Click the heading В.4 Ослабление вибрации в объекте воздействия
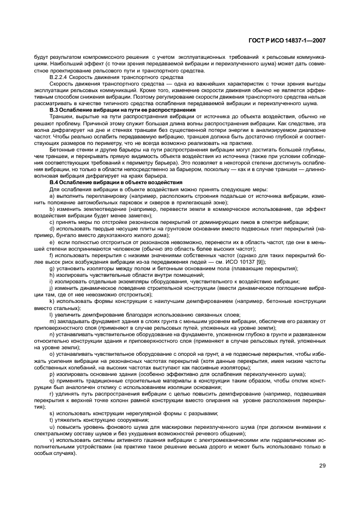117,182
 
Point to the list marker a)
52,195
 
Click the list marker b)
52,208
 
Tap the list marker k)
52,301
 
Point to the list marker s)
52,413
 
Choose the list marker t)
51,420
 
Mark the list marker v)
52,439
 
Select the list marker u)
52,426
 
